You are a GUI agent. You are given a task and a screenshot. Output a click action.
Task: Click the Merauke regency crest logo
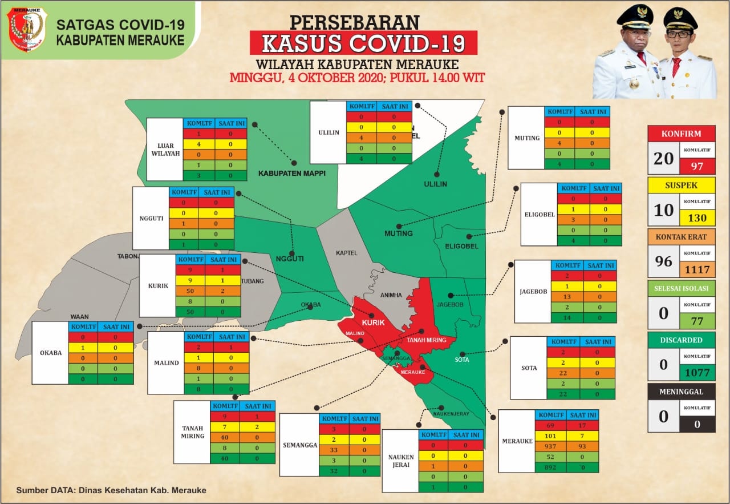coord(27,29)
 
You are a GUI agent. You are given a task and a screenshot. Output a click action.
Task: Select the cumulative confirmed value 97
coord(697,166)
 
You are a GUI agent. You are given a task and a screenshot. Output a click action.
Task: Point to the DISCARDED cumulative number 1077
coord(697,373)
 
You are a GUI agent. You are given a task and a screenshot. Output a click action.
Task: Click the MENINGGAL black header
coord(682,392)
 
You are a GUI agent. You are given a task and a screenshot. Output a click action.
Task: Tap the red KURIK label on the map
coord(374,323)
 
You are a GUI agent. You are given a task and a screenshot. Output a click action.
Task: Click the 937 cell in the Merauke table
coord(550,446)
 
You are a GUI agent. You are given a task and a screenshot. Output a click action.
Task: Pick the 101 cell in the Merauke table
coord(550,436)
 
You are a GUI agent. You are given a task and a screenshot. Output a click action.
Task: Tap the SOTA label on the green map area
coord(461,360)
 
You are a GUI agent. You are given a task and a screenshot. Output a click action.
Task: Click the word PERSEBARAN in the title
coord(355,22)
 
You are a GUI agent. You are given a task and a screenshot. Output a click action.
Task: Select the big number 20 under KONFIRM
coord(663,158)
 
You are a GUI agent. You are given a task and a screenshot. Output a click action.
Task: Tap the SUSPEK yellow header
coord(682,185)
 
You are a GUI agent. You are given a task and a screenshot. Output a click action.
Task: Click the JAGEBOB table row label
coord(533,292)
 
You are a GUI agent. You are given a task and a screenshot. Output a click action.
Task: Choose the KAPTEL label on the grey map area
coord(346,252)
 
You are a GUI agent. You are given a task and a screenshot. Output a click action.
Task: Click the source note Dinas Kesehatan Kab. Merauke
coord(111,490)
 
